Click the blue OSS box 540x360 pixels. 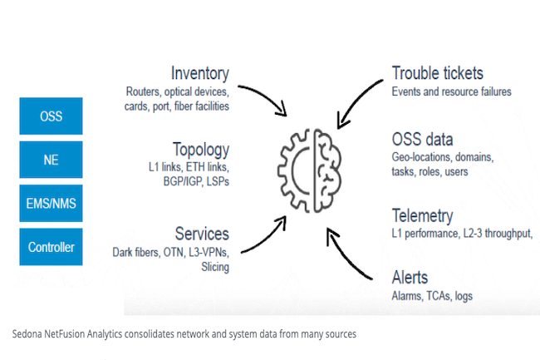pos(51,116)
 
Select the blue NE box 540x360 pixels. pos(51,160)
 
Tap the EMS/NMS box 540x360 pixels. pos(51,203)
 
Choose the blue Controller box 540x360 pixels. pos(51,247)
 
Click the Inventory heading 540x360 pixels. pos(200,73)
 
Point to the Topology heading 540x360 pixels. pos(201,150)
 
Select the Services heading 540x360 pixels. pos(202,234)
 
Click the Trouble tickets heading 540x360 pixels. pos(438,73)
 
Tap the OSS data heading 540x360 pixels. pos(422,139)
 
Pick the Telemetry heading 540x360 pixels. pos(423,216)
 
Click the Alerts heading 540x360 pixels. pos(410,278)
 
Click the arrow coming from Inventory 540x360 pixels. pos(267,96)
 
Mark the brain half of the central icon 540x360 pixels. pos(328,171)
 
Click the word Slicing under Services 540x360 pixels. pos(215,267)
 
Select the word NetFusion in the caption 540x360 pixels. pos(65,334)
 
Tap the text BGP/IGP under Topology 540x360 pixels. pos(183,181)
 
